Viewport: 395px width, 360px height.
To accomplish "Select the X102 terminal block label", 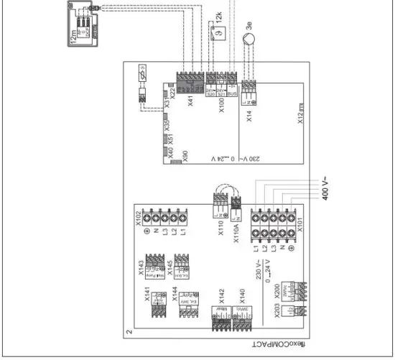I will coord(139,219).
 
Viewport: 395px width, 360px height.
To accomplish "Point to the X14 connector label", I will coord(248,117).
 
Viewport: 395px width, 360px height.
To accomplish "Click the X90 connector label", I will coord(185,157).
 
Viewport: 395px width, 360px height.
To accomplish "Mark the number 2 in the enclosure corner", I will coord(129,333).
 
